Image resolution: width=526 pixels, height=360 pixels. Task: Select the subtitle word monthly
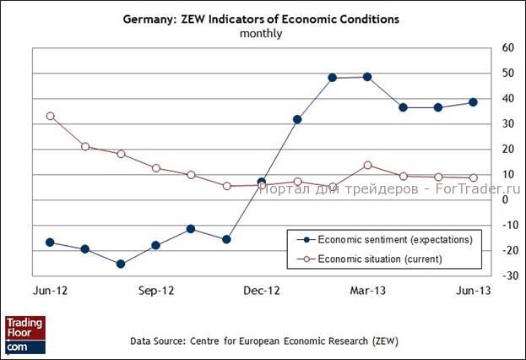coord(261,34)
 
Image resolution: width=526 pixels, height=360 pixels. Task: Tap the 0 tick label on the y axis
coord(504,200)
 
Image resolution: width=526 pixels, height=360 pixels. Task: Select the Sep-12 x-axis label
coord(156,290)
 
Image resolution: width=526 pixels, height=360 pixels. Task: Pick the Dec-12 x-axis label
coord(262,290)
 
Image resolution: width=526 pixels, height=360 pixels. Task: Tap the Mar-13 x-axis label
coord(367,290)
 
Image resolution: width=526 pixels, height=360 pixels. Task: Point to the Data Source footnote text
coord(264,341)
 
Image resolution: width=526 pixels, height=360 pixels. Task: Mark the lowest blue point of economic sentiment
coord(121,264)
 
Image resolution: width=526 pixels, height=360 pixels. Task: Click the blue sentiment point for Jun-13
coord(473,102)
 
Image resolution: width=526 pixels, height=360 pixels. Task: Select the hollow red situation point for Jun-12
coord(50,116)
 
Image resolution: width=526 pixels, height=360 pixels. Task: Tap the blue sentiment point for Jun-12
coord(50,243)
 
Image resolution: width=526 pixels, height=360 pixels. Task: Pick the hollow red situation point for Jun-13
coord(473,177)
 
